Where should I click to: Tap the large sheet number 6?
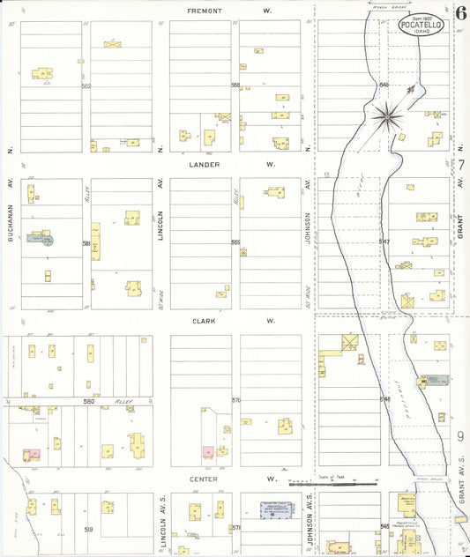click(x=460, y=13)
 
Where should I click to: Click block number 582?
click(x=86, y=85)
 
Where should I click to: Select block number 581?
click(x=86, y=243)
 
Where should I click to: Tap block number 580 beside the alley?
click(x=87, y=402)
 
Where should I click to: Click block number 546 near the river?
click(x=384, y=84)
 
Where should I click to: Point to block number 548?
click(x=384, y=399)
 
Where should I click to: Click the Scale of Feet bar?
click(x=333, y=484)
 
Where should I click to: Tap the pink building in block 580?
click(x=32, y=454)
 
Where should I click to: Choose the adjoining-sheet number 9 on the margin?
click(x=460, y=436)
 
